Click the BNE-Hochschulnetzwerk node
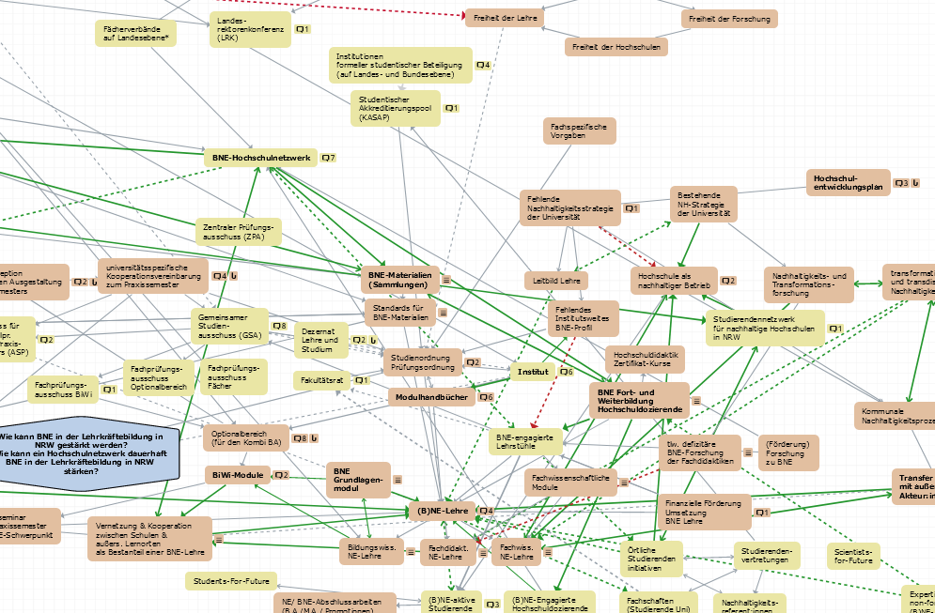tap(260, 158)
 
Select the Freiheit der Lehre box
tap(504, 16)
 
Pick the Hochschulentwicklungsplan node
tap(848, 182)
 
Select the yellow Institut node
tap(533, 372)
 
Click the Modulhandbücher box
tap(431, 397)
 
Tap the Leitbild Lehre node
tap(555, 280)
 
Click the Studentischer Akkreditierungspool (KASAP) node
tap(396, 108)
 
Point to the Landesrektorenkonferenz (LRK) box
tap(250, 30)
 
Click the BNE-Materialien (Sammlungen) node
tap(399, 279)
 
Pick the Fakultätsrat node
tap(320, 380)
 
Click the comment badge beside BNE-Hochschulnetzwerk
tap(328, 158)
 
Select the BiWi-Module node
tap(238, 475)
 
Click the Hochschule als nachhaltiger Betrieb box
tap(674, 280)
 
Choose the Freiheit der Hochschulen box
tap(615, 46)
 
